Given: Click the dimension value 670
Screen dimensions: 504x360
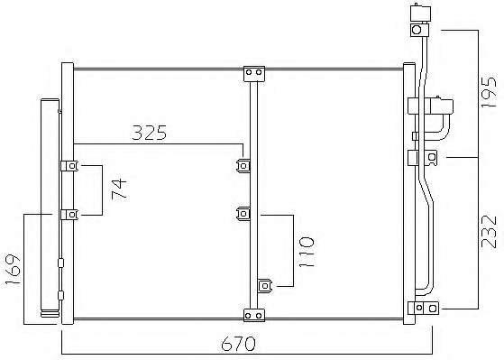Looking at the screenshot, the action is pyautogui.click(x=238, y=344).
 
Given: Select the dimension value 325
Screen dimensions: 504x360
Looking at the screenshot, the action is pyautogui.click(x=150, y=133).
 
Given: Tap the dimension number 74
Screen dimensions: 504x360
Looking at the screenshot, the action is pyautogui.click(x=119, y=189).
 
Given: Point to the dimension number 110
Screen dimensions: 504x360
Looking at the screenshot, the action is pyautogui.click(x=306, y=253).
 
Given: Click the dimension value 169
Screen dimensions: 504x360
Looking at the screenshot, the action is pyautogui.click(x=13, y=269).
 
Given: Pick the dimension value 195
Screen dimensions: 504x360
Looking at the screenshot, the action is pyautogui.click(x=489, y=92).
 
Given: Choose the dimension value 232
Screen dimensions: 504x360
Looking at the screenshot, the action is pyautogui.click(x=489, y=232).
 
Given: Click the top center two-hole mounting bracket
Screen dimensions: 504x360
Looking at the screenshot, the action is pyautogui.click(x=254, y=74).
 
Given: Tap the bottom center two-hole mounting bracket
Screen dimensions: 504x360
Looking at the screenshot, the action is pyautogui.click(x=254, y=315).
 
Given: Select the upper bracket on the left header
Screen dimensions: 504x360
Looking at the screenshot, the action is pyautogui.click(x=69, y=166).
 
